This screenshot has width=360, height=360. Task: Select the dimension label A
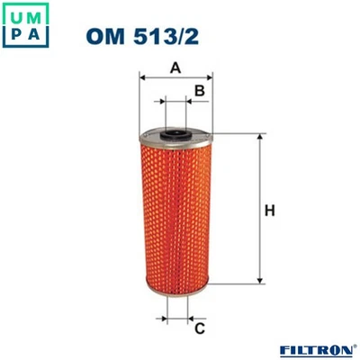pos(177,67)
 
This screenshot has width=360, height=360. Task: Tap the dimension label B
pos(201,91)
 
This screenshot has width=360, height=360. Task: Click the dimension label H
pos(268,211)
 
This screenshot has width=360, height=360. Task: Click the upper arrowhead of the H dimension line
pos(258,138)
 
